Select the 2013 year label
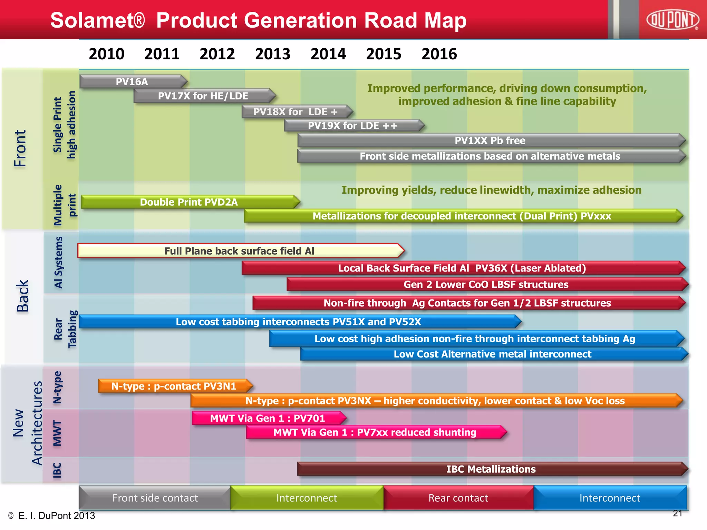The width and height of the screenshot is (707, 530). tap(273, 54)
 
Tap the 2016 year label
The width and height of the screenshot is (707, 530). tap(439, 54)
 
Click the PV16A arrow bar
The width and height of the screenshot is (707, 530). tap(132, 82)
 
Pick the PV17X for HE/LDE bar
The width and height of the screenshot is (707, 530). tap(203, 96)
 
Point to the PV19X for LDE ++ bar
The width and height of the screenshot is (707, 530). tap(352, 126)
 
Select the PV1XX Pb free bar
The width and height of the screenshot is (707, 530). tap(490, 140)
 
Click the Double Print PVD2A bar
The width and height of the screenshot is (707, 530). tap(189, 202)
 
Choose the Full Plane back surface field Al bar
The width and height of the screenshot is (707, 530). tap(239, 251)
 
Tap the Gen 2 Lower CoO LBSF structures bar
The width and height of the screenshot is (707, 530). tap(486, 284)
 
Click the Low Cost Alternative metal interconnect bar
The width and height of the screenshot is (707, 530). tap(492, 354)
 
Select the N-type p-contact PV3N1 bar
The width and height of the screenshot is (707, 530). tap(174, 386)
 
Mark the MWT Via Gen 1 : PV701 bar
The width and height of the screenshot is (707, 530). tap(268, 418)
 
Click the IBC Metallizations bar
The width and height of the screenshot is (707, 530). tap(491, 469)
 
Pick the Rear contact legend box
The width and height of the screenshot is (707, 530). tap(458, 498)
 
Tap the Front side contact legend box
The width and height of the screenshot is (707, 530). tap(155, 498)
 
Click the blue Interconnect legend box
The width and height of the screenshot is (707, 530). tap(610, 498)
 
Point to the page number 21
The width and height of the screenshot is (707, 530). tap(677, 513)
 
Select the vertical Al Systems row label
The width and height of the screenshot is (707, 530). tap(58, 262)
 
